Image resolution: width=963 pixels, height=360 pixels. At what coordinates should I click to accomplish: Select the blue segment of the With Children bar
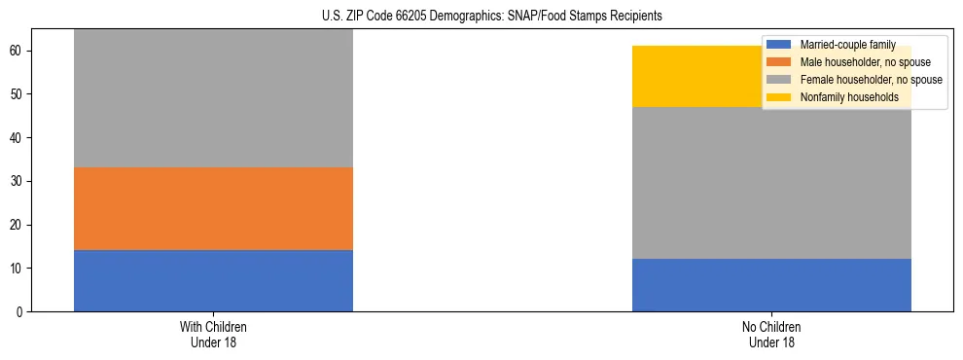tap(213, 280)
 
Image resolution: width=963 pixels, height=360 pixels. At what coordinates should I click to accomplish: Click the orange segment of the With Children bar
tap(213, 208)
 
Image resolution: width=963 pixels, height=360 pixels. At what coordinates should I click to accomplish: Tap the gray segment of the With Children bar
tap(213, 98)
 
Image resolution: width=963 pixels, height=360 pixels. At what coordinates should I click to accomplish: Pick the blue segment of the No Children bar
tap(771, 285)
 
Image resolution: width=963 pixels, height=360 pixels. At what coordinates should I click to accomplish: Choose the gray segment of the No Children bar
tap(771, 183)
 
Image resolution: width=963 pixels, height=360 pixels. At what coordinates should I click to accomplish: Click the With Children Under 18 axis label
tap(213, 335)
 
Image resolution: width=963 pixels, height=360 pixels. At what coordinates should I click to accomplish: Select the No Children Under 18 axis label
tap(771, 335)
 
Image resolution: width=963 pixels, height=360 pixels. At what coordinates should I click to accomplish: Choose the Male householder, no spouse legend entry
tap(857, 62)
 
